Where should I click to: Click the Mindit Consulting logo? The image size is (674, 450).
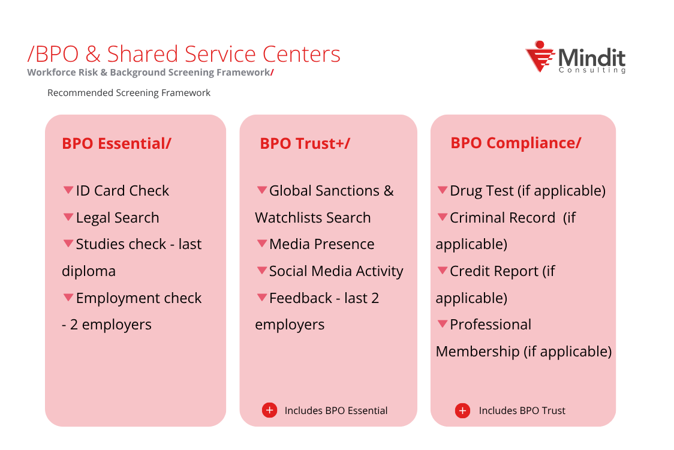(574, 58)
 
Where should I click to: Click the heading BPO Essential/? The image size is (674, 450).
(116, 144)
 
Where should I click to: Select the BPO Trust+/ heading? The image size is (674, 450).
(305, 144)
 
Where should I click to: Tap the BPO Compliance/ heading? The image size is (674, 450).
(516, 143)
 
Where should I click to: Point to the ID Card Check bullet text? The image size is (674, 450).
(122, 191)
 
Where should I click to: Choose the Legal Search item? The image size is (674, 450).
(118, 218)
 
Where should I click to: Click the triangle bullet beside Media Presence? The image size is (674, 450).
(262, 244)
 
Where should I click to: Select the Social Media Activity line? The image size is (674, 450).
(336, 271)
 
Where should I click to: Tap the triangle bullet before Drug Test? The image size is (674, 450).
(443, 190)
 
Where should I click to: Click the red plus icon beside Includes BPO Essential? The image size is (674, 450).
(269, 410)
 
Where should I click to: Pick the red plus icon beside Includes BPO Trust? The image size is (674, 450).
(462, 411)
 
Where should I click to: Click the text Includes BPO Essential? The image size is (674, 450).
(336, 411)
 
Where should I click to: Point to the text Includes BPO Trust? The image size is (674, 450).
(522, 411)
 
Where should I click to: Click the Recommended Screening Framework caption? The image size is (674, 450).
(129, 93)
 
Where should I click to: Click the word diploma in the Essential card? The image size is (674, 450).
(89, 271)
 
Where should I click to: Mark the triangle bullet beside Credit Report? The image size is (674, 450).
(443, 271)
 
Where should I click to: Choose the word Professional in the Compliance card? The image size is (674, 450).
(491, 325)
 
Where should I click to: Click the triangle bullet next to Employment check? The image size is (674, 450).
(68, 298)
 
